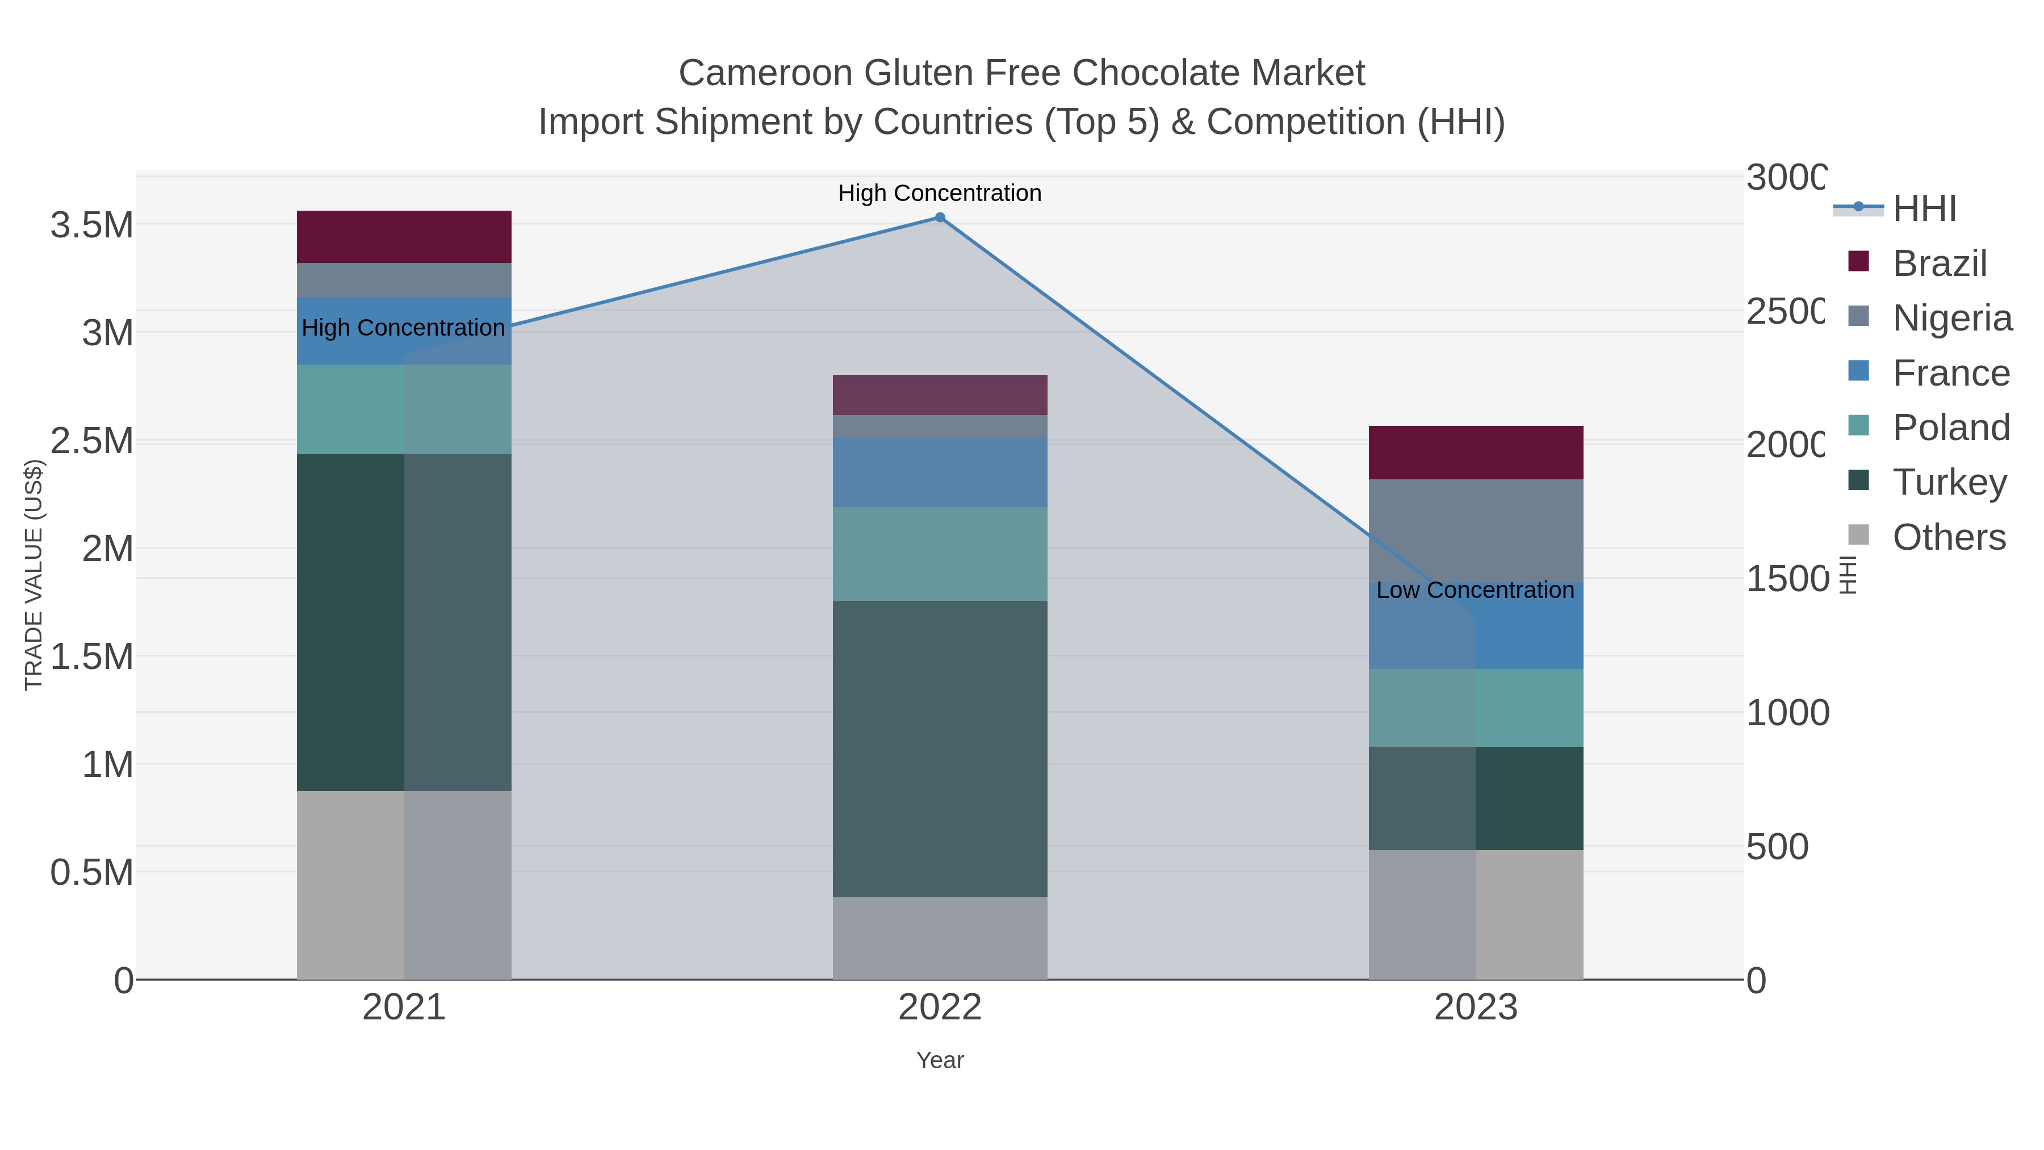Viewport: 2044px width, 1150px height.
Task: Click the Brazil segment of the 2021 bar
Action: (404, 236)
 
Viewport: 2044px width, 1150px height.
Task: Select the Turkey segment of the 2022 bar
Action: (940, 748)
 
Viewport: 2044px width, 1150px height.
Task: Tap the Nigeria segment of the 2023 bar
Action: (1476, 530)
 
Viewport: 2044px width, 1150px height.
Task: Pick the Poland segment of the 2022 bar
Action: (940, 553)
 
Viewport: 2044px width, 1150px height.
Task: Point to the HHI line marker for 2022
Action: (940, 218)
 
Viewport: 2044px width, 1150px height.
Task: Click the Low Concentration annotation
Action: (1475, 591)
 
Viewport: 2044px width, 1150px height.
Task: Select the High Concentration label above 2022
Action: (940, 193)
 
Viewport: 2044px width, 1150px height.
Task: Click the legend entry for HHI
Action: (1924, 209)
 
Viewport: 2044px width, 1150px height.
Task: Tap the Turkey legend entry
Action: (1949, 483)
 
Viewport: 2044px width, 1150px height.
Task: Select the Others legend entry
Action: (1949, 537)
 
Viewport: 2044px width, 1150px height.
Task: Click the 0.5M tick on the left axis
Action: (92, 872)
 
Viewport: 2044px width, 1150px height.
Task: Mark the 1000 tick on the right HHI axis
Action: (1787, 713)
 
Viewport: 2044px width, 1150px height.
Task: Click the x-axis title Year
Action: (940, 1060)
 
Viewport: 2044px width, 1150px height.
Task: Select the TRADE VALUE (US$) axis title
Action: (33, 575)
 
